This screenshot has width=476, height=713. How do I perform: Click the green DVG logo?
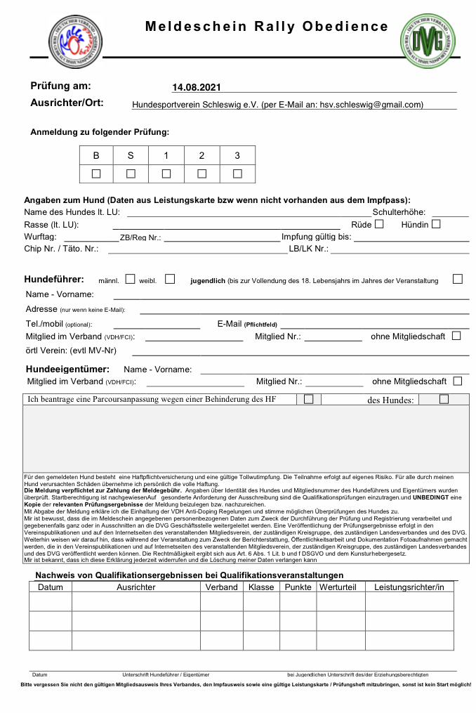pos(428,41)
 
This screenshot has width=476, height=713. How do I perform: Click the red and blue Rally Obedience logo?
pos(70,41)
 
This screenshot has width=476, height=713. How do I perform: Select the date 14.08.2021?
pos(197,88)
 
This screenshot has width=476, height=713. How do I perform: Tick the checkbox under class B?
pos(96,174)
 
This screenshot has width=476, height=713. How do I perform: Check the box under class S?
pos(131,174)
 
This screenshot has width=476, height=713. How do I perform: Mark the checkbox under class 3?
pos(237,174)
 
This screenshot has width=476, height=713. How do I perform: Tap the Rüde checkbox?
pos(379,224)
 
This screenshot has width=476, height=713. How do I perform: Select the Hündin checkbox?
pos(436,224)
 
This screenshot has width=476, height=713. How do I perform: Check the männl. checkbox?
pos(130,279)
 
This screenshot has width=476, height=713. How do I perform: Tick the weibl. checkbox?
pos(170,279)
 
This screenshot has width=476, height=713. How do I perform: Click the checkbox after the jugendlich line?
pos(458,279)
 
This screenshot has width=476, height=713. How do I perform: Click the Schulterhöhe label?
pos(399,212)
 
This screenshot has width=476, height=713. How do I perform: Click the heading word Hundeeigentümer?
pos(67,369)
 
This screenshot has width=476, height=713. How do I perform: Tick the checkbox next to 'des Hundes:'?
pos(444,399)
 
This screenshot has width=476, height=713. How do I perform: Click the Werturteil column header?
pos(338,587)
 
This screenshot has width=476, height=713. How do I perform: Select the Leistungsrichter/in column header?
pos(409,587)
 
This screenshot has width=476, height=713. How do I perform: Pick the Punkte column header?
pos(298,587)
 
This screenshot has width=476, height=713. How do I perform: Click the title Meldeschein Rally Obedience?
pos(266,27)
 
